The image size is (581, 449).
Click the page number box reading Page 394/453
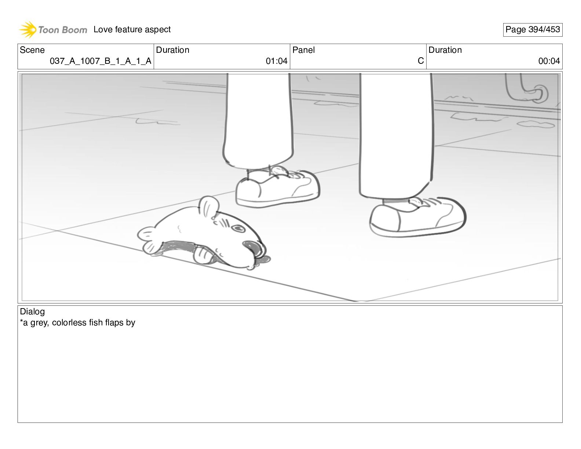coord(533,30)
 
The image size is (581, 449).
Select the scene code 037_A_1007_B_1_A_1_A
coord(101,61)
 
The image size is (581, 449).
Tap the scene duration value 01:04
coord(277,61)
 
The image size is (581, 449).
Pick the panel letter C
coord(421,61)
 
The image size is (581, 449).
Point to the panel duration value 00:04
coord(549,61)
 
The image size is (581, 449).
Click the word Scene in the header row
coord(32,50)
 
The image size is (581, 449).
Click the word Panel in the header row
coord(303,50)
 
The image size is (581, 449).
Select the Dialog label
coord(32,312)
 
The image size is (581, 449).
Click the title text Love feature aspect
coord(132,29)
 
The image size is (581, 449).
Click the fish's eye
coord(238,229)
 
